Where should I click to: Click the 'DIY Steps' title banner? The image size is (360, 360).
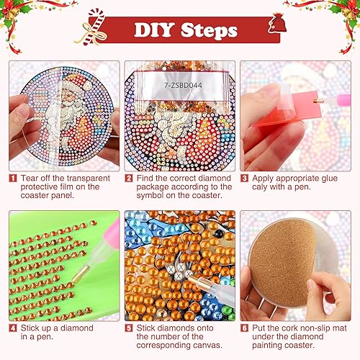coord(180,30)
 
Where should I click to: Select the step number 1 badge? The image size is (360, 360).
coord(13,177)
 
